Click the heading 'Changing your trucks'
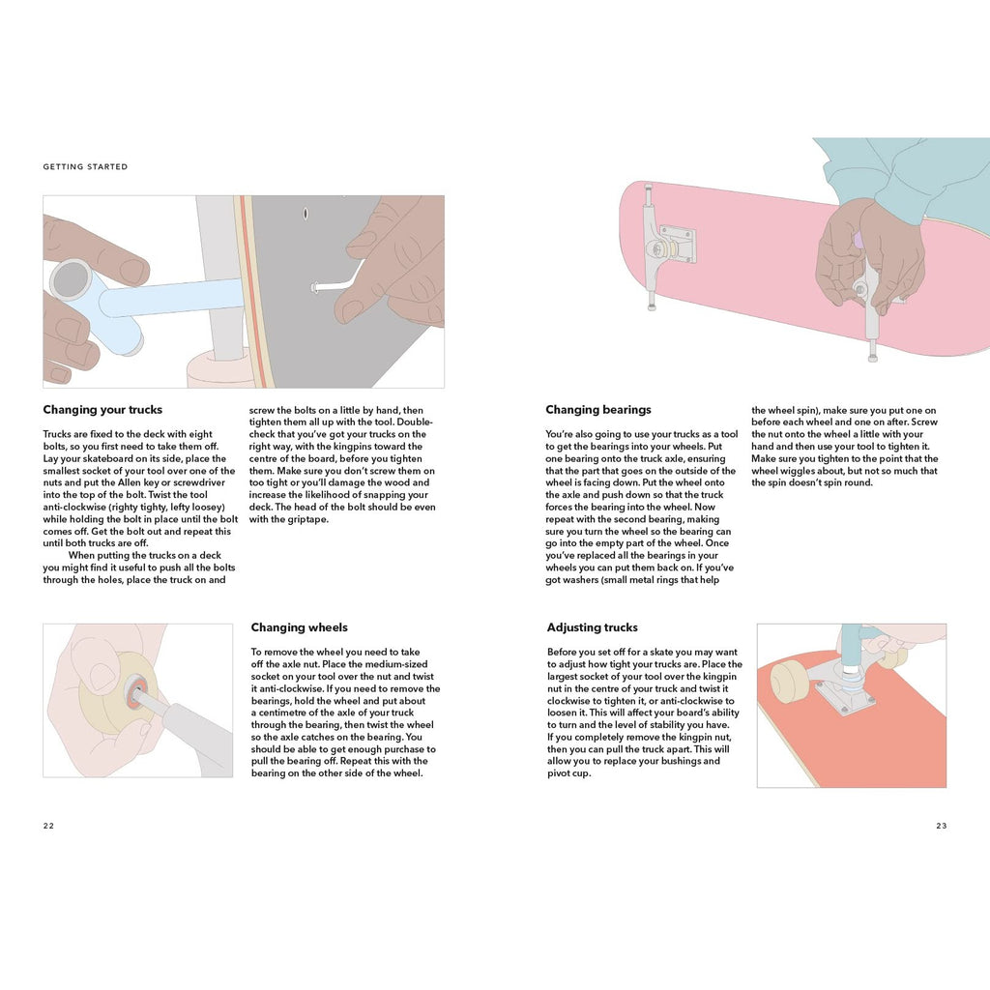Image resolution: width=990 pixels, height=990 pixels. click(x=102, y=410)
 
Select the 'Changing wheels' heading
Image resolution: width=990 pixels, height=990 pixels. click(x=300, y=627)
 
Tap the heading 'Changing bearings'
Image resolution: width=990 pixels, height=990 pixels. click(x=597, y=410)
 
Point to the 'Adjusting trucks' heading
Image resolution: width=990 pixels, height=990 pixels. click(x=593, y=627)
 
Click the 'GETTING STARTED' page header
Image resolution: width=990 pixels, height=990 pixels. click(x=85, y=166)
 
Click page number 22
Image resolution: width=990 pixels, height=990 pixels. click(x=48, y=826)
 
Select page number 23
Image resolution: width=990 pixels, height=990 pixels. click(x=942, y=826)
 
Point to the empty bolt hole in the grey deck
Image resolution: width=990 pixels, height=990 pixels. click(x=306, y=214)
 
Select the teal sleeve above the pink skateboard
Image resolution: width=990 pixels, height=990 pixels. click(x=903, y=183)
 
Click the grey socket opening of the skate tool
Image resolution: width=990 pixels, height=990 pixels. click(x=70, y=279)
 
